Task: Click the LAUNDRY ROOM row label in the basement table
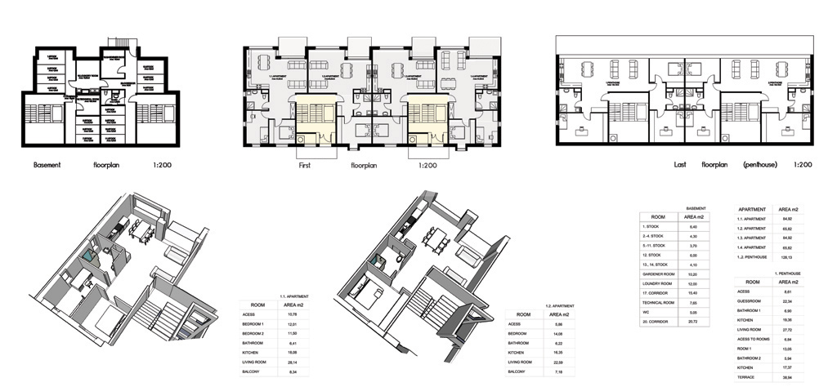click(659, 283)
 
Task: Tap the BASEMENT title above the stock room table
click(696, 208)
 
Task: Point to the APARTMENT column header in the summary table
click(755, 208)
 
